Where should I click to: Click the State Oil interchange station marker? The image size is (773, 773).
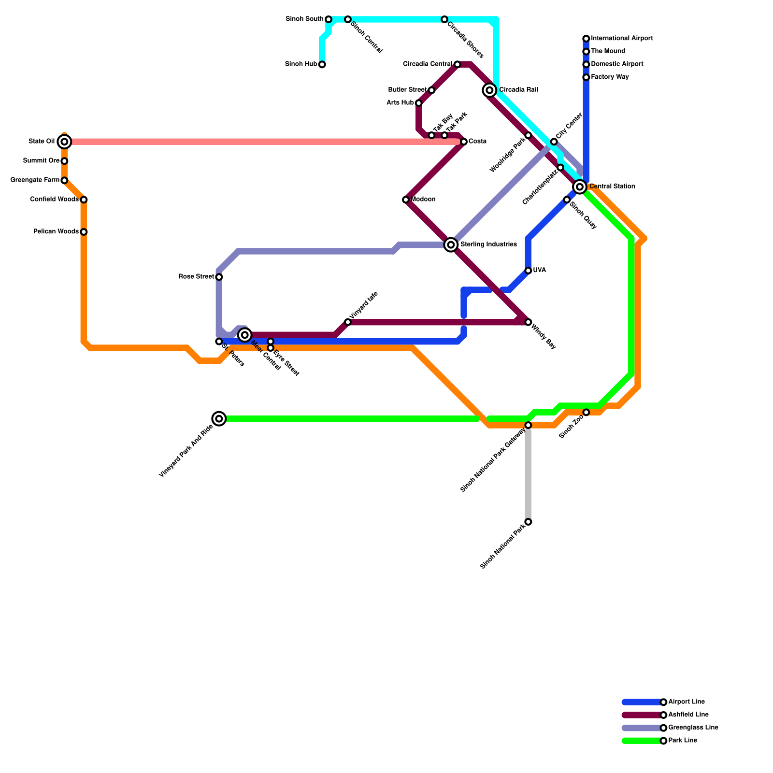tap(64, 142)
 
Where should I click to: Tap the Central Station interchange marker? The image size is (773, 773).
tap(580, 186)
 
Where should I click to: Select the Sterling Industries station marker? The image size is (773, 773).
tap(451, 245)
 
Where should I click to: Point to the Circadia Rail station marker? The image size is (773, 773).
tap(489, 90)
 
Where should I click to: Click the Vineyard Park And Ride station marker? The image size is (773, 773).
tap(219, 418)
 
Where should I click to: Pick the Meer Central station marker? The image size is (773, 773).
tap(245, 335)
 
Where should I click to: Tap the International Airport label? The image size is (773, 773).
tap(622, 38)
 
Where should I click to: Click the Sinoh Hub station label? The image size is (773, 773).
tap(301, 64)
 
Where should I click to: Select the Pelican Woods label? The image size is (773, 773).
tap(56, 232)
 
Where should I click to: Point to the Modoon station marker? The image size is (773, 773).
tap(406, 200)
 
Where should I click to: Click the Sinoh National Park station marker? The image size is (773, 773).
tap(528, 522)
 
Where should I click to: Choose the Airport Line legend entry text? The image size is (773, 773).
tap(686, 702)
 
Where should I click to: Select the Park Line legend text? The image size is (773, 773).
tap(682, 741)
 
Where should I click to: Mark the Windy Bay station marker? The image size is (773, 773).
tap(528, 322)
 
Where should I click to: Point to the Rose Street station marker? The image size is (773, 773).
tap(219, 277)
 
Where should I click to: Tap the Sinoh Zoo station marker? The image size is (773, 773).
tap(586, 412)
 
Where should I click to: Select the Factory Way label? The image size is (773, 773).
tap(610, 77)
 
